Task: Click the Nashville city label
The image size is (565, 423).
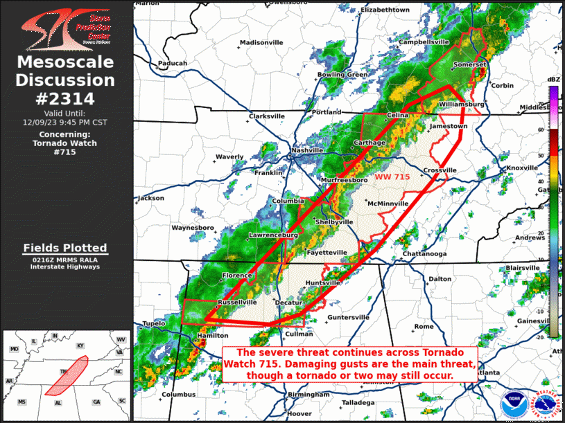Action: pos(308,150)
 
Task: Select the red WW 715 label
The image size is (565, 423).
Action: pos(392,177)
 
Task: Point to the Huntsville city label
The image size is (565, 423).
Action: pos(323,283)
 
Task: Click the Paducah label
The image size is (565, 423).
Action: pos(173,63)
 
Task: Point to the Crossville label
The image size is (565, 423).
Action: pos(440,170)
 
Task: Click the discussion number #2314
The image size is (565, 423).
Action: pos(64,98)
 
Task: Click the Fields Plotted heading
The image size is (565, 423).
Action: pos(64,247)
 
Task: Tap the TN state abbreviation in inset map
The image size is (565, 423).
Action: pos(62,372)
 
